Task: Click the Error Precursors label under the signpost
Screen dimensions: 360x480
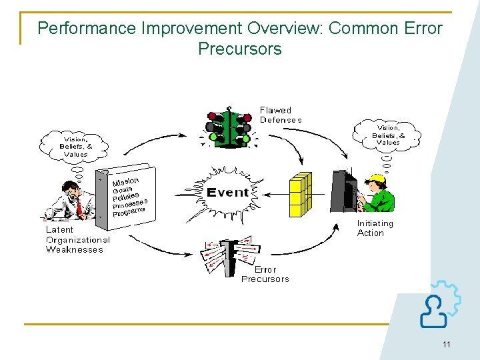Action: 265,275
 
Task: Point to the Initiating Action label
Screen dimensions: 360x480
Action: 375,228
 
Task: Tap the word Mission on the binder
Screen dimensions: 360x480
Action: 125,181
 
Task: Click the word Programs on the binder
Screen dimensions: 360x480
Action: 128,212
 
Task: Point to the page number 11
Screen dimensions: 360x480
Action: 446,344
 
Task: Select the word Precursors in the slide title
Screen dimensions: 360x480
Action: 240,49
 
